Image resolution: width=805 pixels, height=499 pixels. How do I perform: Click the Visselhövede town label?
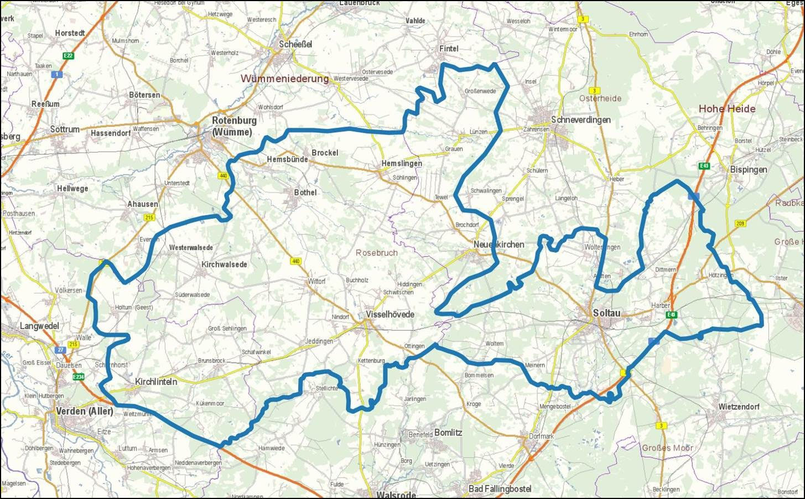[390, 314]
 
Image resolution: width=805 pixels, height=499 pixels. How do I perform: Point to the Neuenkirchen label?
[499, 244]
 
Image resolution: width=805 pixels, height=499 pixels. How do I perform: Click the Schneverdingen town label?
[580, 119]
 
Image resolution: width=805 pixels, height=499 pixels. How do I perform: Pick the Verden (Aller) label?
[85, 411]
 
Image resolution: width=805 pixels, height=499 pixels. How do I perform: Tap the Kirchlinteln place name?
[156, 381]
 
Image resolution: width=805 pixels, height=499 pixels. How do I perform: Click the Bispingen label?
[748, 169]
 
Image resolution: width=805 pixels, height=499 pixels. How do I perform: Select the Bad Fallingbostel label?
[500, 488]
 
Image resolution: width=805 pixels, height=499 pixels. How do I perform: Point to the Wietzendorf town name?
[739, 407]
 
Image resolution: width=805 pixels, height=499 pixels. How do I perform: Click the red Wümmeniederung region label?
[284, 79]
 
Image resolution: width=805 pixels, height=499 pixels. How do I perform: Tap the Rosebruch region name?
[377, 252]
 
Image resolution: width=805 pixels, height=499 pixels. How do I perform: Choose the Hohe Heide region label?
[726, 108]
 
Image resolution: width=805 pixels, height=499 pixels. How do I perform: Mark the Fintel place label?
[449, 48]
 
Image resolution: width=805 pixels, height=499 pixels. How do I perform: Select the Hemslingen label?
[401, 163]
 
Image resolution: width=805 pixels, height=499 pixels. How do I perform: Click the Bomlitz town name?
[448, 432]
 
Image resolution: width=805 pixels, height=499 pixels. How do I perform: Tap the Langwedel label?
[39, 326]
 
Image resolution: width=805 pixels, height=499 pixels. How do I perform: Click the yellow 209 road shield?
[740, 223]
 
